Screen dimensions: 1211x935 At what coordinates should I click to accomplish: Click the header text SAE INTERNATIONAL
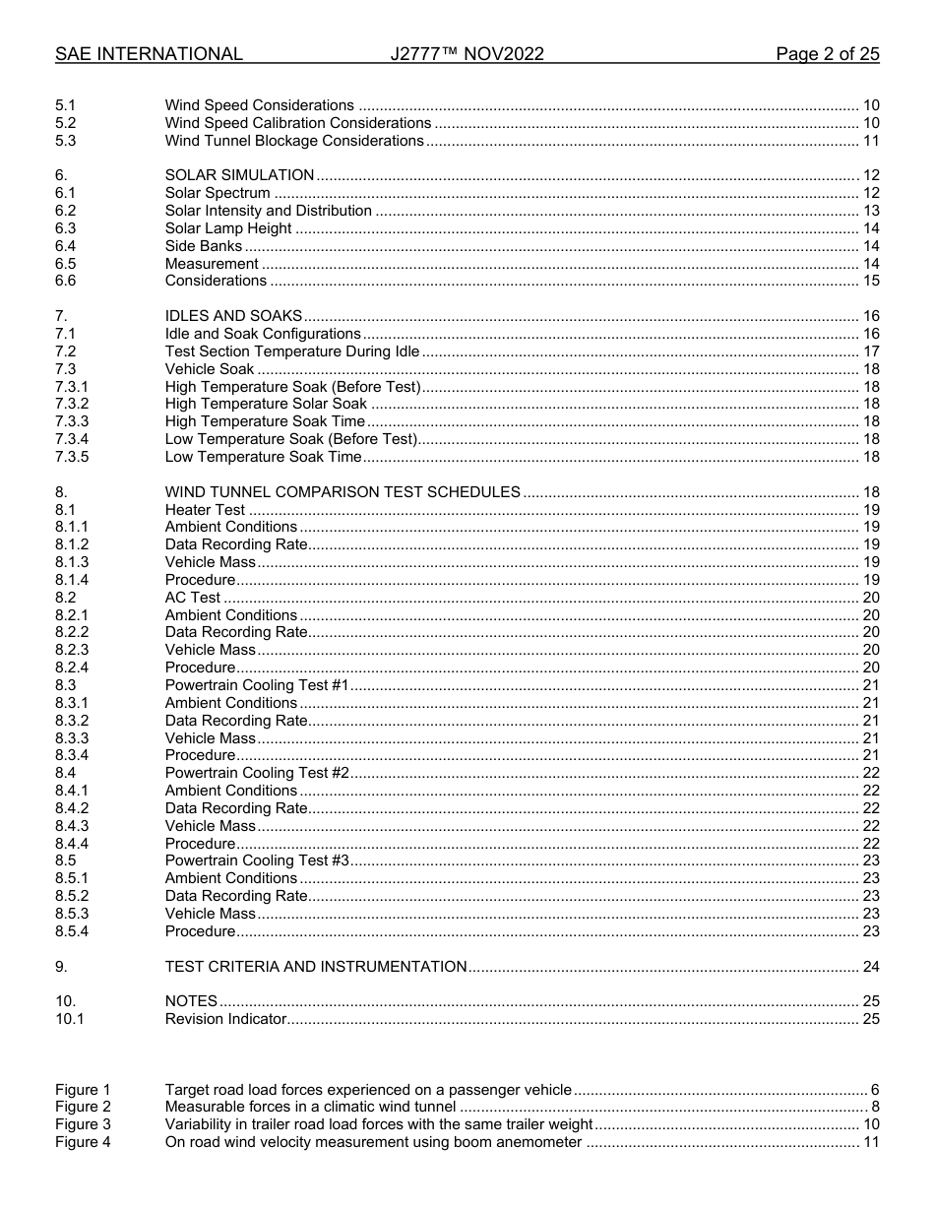click(x=149, y=55)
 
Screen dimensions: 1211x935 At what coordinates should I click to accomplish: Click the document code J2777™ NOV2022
click(x=467, y=55)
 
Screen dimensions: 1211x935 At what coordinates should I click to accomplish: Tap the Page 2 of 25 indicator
click(x=827, y=55)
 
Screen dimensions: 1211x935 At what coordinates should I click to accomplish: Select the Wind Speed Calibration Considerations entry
click(x=297, y=123)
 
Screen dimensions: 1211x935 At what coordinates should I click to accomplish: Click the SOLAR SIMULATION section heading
click(x=239, y=175)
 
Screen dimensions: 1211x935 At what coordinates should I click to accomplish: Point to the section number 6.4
click(x=66, y=246)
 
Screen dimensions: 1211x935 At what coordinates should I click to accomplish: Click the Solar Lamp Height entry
click(x=228, y=228)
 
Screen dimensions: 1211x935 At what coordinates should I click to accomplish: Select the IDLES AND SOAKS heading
click(x=233, y=316)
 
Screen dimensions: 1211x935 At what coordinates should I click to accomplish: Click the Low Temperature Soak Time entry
click(x=263, y=457)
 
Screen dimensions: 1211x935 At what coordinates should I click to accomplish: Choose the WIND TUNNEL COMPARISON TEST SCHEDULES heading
click(x=343, y=492)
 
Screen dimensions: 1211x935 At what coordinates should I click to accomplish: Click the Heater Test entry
click(x=205, y=510)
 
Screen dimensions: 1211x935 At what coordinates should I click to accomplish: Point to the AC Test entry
click(x=193, y=598)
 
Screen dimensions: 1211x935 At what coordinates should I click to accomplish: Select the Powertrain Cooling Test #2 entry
click(x=258, y=773)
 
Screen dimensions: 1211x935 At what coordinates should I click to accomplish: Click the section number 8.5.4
click(x=72, y=931)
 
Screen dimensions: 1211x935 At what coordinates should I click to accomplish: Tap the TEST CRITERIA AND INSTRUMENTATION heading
click(x=316, y=967)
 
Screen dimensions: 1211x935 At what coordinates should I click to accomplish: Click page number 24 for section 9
click(x=870, y=967)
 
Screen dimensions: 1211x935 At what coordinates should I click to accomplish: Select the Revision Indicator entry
click(x=225, y=1019)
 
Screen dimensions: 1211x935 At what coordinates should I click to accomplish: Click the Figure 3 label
click(x=83, y=1124)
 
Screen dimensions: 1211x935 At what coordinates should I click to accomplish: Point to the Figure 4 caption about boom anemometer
click(x=373, y=1142)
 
